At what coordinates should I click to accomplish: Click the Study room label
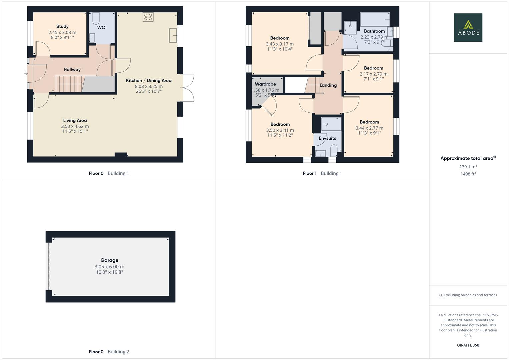(x=62, y=26)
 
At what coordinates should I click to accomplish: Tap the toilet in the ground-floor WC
(x=96, y=18)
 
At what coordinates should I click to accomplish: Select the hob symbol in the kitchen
(x=148, y=17)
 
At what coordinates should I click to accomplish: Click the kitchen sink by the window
(x=173, y=36)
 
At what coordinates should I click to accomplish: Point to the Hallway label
(x=72, y=70)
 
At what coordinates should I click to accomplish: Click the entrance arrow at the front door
(x=26, y=73)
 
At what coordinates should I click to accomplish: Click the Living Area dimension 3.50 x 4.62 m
(x=75, y=126)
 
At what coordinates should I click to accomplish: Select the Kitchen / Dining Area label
(x=149, y=80)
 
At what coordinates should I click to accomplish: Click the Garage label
(x=109, y=260)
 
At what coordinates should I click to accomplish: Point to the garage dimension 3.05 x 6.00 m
(x=109, y=267)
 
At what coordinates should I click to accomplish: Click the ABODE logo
(x=468, y=28)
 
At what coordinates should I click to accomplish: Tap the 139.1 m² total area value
(x=468, y=167)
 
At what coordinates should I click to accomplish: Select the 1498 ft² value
(x=468, y=174)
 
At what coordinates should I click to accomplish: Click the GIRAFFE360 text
(x=468, y=345)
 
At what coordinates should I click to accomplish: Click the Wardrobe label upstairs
(x=265, y=84)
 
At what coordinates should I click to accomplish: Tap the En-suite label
(x=327, y=138)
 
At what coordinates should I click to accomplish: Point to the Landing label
(x=328, y=85)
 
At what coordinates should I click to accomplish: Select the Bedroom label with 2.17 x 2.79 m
(x=373, y=68)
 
